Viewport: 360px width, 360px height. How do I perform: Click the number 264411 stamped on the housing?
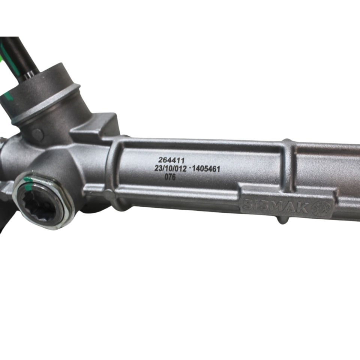click(x=171, y=160)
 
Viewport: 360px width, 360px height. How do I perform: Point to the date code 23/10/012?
click(x=170, y=168)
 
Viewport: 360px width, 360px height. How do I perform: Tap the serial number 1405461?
click(x=206, y=169)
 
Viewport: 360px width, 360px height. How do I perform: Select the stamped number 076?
click(x=170, y=177)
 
